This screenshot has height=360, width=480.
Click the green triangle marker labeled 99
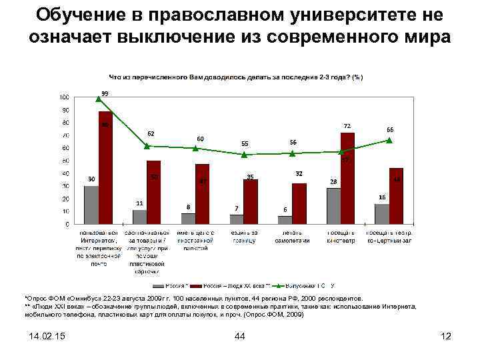coord(99,98)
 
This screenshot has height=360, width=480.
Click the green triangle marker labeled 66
coord(389,141)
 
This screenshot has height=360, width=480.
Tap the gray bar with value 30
coord(91,205)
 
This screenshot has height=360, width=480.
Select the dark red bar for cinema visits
coord(347,178)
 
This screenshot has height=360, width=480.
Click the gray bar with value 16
coord(381,214)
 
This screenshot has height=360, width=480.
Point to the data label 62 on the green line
coord(151,133)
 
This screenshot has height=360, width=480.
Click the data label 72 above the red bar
coord(347,125)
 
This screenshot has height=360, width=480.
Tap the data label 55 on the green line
coord(245,143)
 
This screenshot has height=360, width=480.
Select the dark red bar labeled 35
coord(251,201)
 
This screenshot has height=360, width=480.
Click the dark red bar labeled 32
coord(299,203)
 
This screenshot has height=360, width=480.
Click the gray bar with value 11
coord(139,217)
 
